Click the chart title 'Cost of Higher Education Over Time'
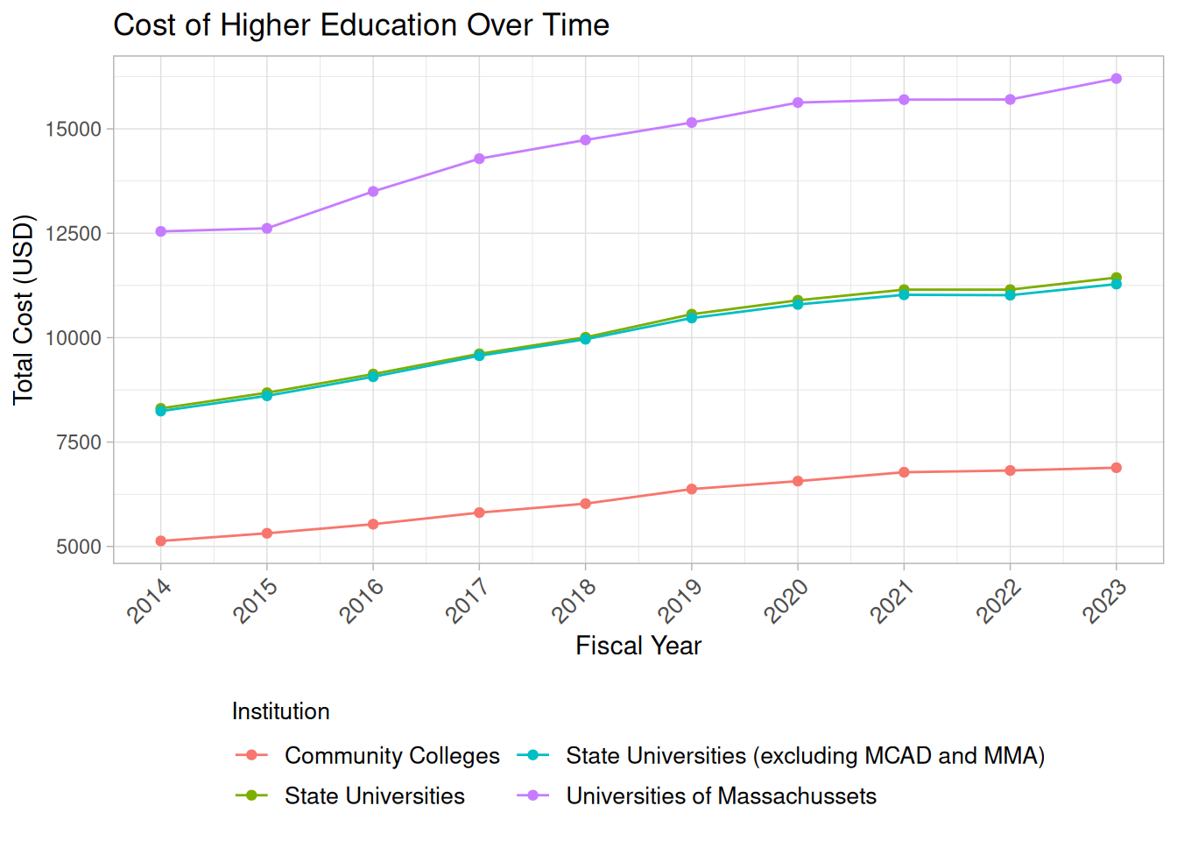(x=361, y=25)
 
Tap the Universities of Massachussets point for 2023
(x=1116, y=79)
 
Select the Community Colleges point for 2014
(x=161, y=541)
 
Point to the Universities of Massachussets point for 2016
(x=373, y=192)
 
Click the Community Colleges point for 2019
(x=692, y=489)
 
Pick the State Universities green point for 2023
(x=1116, y=278)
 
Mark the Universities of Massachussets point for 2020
(x=798, y=102)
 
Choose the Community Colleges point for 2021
(x=904, y=472)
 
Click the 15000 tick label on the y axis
(x=74, y=130)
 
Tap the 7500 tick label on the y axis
(x=79, y=443)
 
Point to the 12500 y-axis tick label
(x=74, y=234)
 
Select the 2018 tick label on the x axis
(x=574, y=600)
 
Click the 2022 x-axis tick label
(x=999, y=600)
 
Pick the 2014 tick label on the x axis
(x=150, y=600)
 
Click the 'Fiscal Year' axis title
(x=638, y=647)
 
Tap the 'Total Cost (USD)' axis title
(x=24, y=309)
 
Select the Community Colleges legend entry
(x=391, y=756)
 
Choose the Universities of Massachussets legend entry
(x=721, y=796)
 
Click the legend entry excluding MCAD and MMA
(x=805, y=756)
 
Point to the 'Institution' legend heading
(x=280, y=711)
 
